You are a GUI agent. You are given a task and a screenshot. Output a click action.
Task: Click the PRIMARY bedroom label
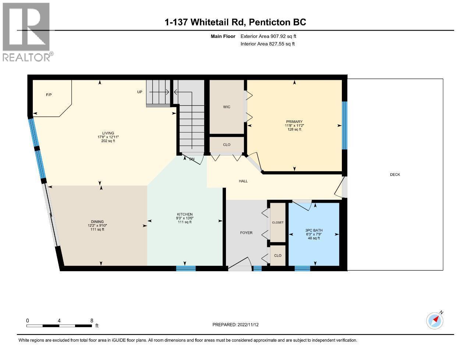[x=294, y=122]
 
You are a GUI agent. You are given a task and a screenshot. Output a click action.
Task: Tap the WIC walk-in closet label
[x=227, y=107]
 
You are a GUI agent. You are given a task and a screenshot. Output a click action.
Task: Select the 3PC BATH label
[x=314, y=230]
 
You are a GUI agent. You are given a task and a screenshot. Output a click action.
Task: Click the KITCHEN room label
[x=184, y=215]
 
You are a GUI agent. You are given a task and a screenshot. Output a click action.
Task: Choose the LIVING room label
[x=108, y=133]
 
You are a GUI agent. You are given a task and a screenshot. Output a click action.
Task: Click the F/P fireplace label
[x=49, y=95]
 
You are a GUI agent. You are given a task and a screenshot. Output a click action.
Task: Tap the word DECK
[x=395, y=174]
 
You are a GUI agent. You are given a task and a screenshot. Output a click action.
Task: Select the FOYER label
[x=246, y=233]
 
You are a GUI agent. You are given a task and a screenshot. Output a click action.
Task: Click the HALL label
[x=243, y=181]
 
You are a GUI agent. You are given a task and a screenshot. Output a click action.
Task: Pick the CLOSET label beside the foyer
[x=278, y=223]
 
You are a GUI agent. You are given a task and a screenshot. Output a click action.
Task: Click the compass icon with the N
[x=434, y=321]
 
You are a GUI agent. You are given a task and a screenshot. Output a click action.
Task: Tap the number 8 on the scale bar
[x=92, y=321]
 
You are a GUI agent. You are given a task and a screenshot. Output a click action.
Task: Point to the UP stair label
[x=139, y=92]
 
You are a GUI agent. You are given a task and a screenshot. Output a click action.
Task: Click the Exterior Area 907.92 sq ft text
[x=268, y=36]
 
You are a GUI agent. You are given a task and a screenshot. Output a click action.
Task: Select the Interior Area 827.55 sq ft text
[x=268, y=44]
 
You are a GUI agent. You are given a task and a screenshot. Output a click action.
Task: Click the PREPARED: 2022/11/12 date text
[x=235, y=325]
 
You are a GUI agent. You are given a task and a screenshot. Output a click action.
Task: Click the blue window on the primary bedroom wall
[x=344, y=126]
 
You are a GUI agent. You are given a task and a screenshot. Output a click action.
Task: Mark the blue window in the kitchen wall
[x=186, y=268]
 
